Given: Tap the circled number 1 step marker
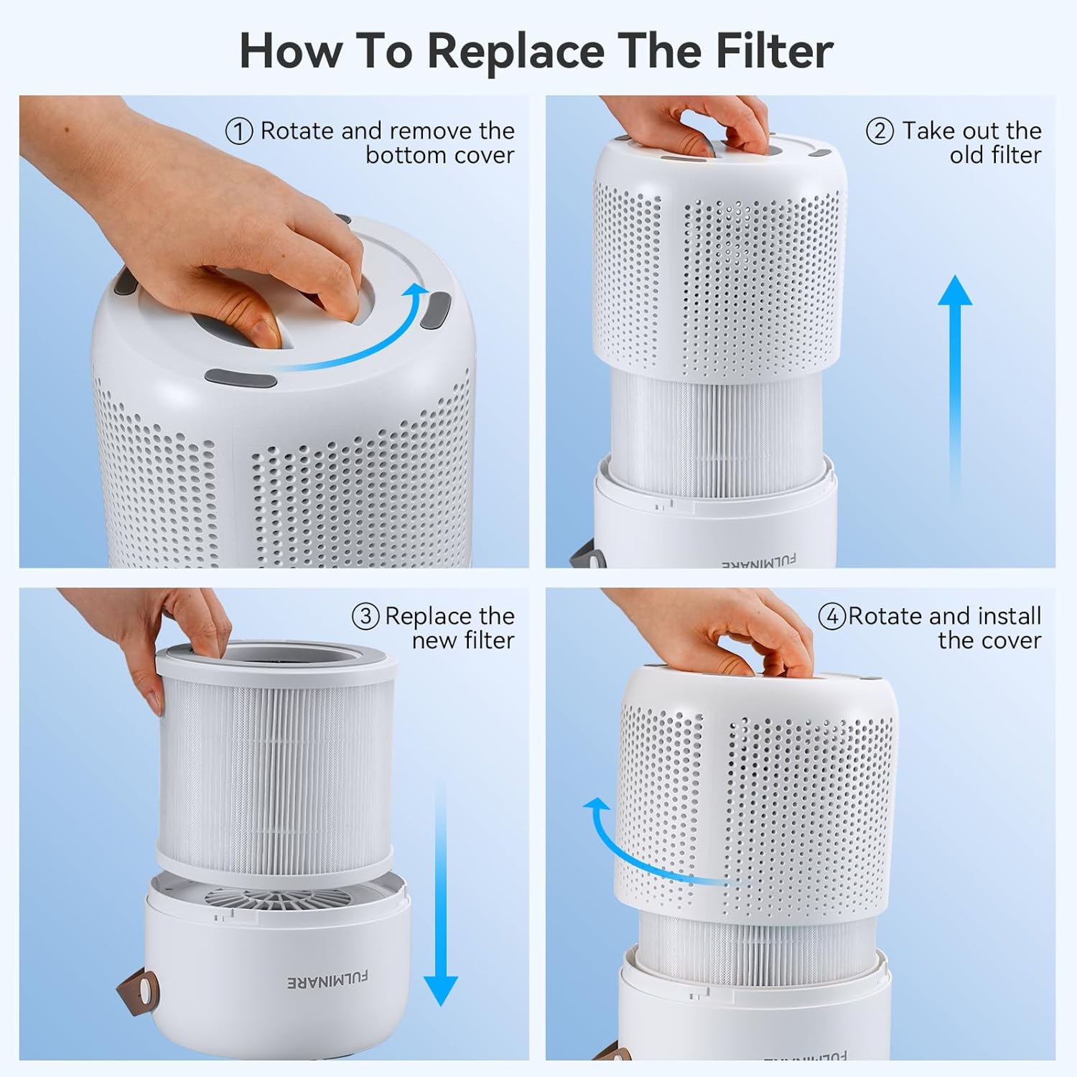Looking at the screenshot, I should [239, 131].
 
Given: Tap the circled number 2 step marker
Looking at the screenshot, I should [880, 131].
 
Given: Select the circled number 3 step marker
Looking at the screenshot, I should [365, 617].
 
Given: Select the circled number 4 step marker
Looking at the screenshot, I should [832, 617].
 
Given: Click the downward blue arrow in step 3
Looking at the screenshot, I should [440, 897].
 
